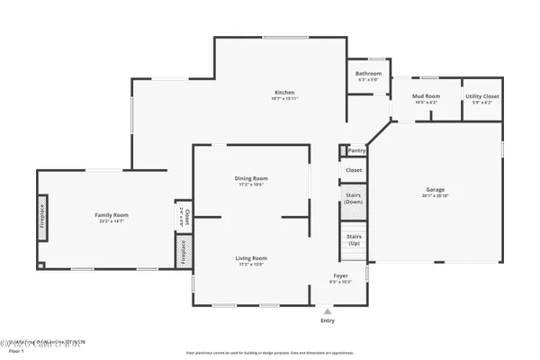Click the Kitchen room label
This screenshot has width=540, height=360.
284,93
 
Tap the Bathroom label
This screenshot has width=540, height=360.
368,74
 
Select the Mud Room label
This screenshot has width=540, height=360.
425,95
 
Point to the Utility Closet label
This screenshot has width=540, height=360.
481,96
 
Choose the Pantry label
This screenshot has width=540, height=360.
356,151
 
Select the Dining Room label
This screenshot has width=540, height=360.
251,178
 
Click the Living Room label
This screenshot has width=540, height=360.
252,258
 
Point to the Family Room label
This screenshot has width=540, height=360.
112,215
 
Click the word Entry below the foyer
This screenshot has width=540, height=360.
327,320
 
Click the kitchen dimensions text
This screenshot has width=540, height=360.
284,99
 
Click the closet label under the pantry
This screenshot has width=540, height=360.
354,169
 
